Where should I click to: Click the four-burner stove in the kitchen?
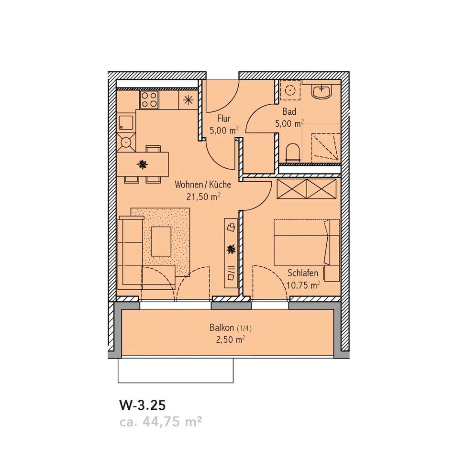[149, 100]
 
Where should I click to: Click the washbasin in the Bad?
[321, 91]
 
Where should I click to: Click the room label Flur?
[224, 118]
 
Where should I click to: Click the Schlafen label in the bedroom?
[303, 273]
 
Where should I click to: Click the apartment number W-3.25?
[142, 405]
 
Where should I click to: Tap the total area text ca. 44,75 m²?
[160, 422]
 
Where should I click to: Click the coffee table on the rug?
[161, 241]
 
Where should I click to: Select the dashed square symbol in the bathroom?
[289, 91]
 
